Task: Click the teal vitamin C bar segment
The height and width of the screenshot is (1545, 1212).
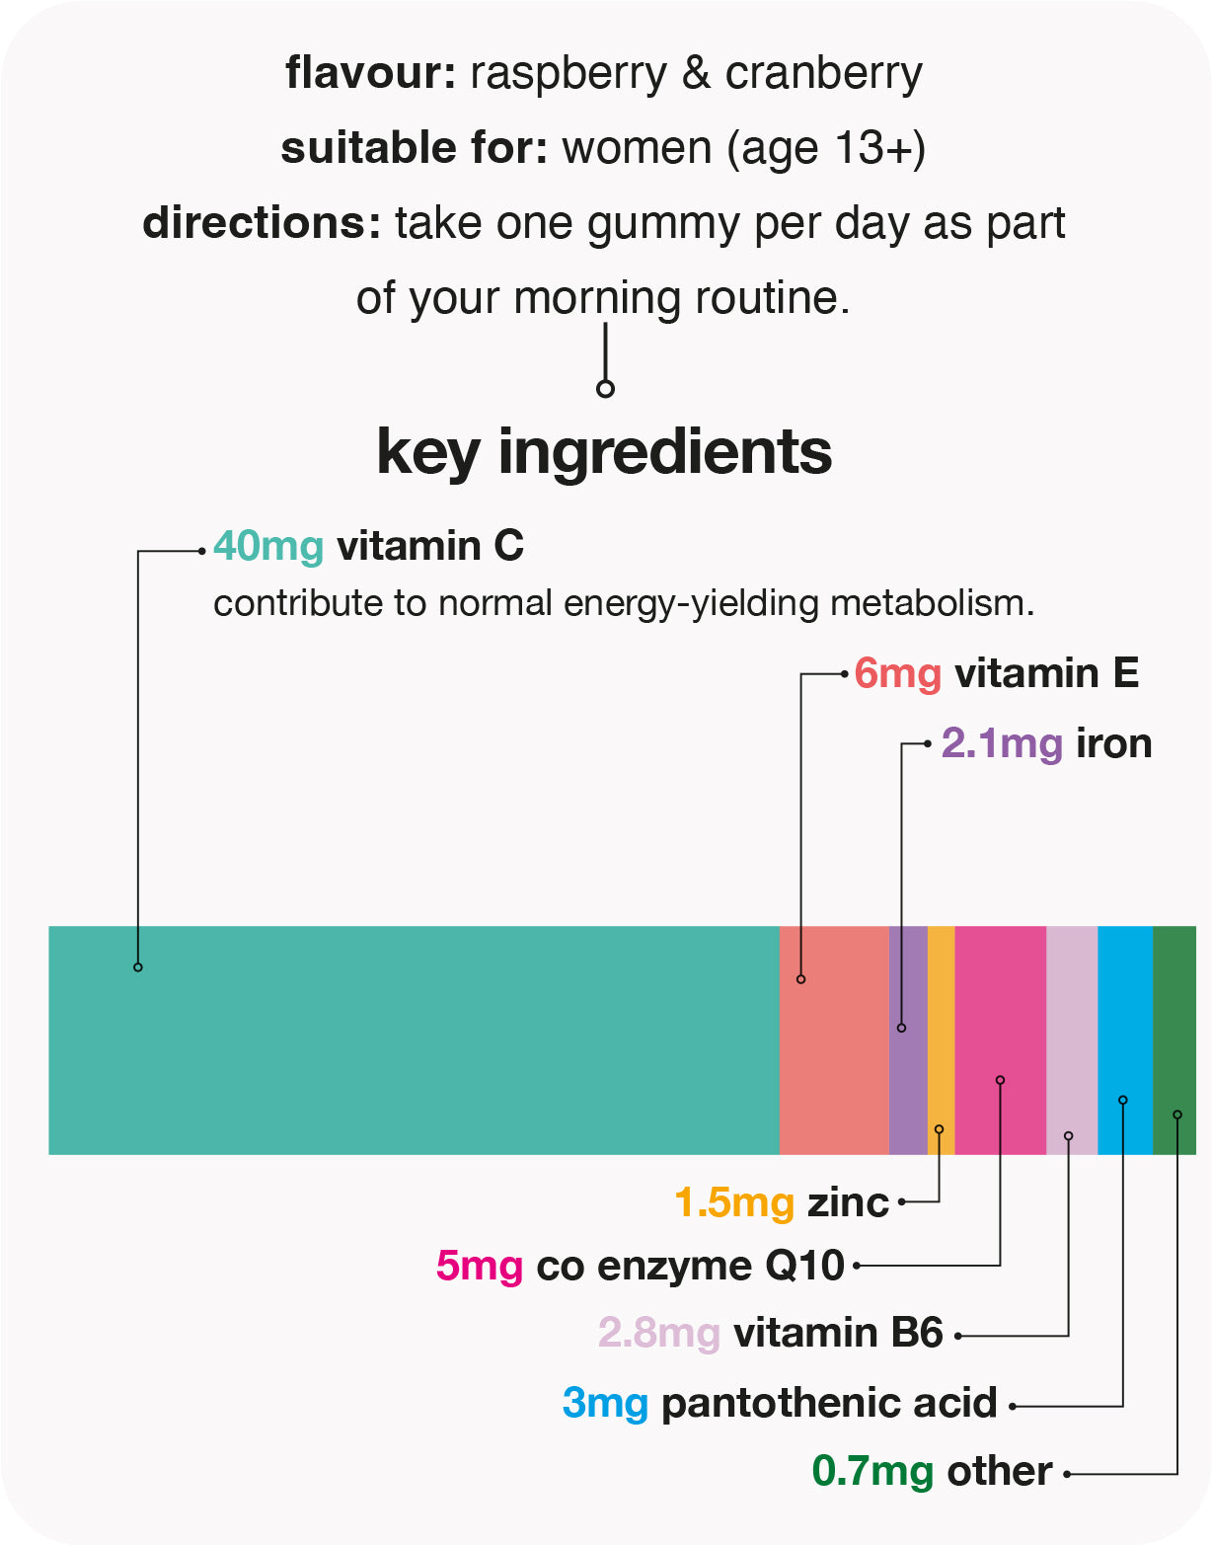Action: [415, 1040]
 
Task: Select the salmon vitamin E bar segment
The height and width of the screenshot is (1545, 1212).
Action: [834, 1040]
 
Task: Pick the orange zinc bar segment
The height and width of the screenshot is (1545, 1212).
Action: [942, 1040]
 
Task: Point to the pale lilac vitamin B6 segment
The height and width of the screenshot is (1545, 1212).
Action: [1072, 1040]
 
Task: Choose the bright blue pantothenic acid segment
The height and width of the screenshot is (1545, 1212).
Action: [1125, 1040]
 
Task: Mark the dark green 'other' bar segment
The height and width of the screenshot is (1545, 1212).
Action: [1174, 1040]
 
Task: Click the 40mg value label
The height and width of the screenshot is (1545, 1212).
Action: [268, 546]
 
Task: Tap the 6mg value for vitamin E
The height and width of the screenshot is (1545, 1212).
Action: [897, 674]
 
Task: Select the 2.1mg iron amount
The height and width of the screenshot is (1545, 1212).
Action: [1002, 743]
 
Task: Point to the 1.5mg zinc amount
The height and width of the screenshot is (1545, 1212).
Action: [734, 1202]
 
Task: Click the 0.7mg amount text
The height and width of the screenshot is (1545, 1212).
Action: [872, 1472]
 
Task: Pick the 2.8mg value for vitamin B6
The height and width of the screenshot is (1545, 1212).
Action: [658, 1334]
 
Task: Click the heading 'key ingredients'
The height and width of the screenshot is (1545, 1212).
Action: [604, 452]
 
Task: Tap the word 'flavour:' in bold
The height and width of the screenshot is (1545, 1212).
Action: [370, 73]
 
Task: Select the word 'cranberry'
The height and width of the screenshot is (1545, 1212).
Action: [823, 73]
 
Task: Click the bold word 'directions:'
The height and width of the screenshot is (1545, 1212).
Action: [262, 223]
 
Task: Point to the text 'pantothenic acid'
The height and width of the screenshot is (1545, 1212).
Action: [829, 1403]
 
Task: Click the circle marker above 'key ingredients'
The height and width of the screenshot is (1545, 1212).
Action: [605, 389]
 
